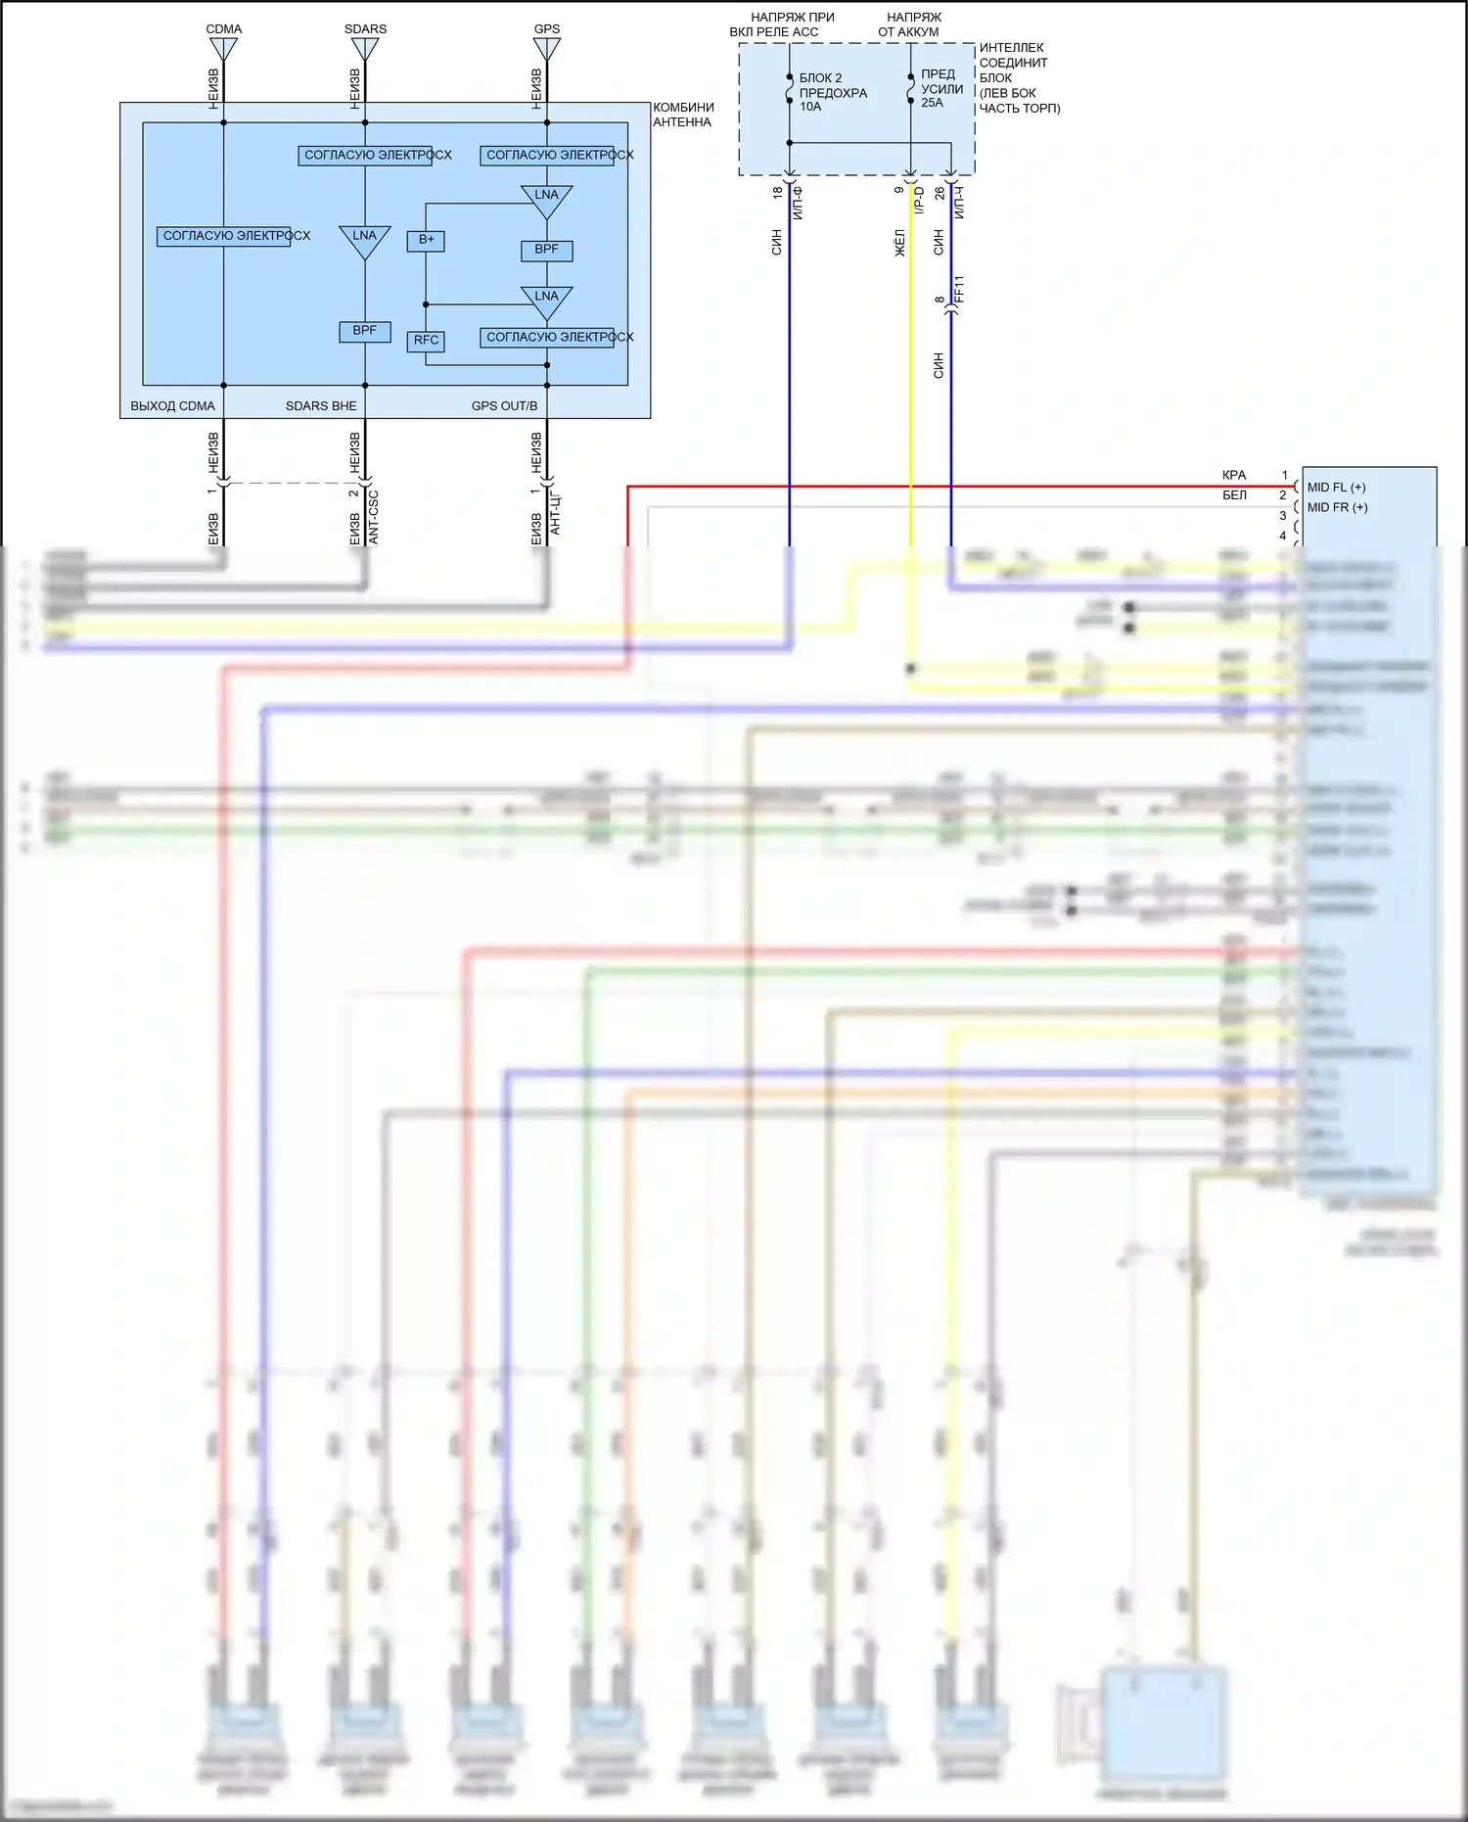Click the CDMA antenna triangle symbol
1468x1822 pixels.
223,48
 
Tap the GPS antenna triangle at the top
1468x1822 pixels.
546,48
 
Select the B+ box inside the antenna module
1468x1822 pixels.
426,240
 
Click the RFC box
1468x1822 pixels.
426,341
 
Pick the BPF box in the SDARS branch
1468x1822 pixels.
364,331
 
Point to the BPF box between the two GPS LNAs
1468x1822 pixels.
546,250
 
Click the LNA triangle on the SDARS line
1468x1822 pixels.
364,239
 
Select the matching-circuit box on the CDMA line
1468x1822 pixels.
224,236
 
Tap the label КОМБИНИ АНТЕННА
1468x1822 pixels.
683,115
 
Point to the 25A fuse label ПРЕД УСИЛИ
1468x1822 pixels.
940,88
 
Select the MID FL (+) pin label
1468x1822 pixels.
1336,488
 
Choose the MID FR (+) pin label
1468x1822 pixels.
1337,507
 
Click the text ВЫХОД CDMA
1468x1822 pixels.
172,405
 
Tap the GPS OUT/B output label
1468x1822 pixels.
504,405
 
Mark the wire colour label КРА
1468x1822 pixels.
1234,475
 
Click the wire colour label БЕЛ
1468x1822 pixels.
1234,495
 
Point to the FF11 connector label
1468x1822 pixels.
959,289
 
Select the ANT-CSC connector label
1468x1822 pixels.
373,517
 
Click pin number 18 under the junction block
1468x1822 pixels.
778,193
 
